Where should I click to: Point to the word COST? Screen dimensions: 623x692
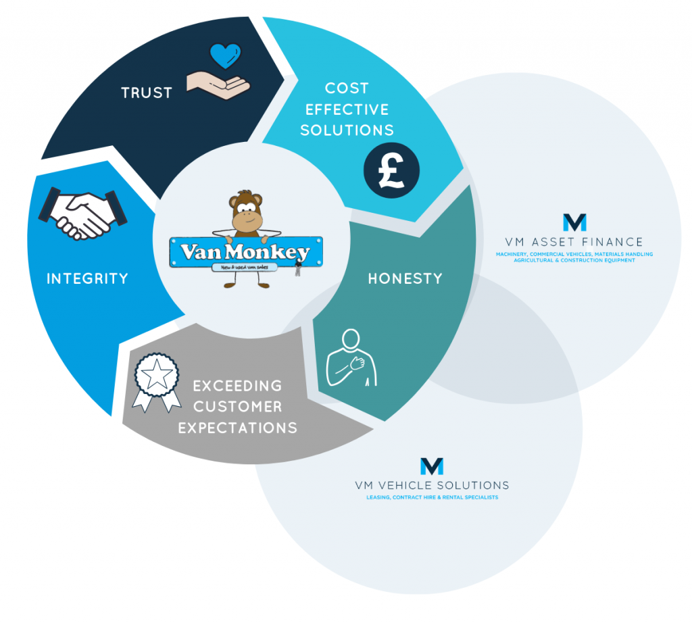[347, 88]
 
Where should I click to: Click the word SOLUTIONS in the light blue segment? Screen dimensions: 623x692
[347, 130]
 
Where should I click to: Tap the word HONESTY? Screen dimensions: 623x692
[405, 278]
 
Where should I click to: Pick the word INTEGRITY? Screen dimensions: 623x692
[87, 278]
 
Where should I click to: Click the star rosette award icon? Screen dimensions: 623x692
[156, 382]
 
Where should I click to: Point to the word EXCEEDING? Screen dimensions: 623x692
[237, 386]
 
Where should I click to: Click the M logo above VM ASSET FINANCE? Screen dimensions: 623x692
[574, 222]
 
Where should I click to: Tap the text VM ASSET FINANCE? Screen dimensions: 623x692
[574, 242]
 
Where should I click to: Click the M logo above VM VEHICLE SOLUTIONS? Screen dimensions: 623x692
[432, 466]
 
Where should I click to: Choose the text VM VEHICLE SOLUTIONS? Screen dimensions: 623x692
[432, 485]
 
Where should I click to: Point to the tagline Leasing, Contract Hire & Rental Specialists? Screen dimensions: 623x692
[432, 497]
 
